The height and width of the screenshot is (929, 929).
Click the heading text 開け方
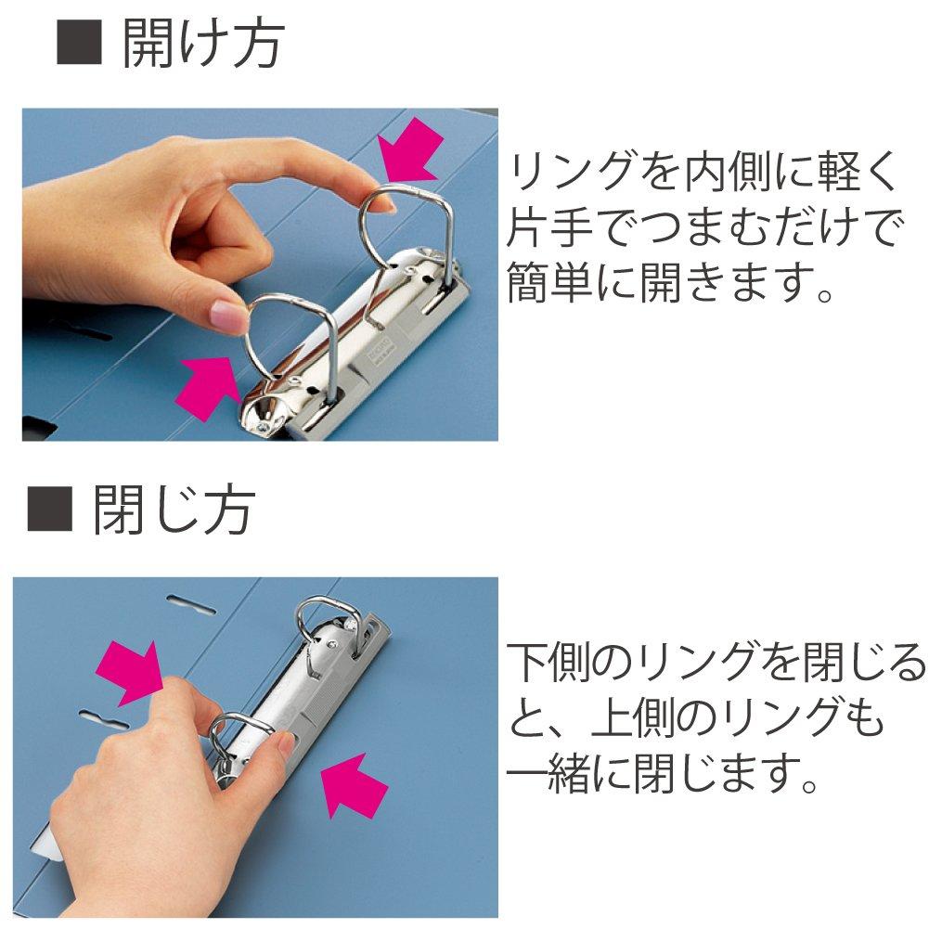[x=202, y=45]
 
